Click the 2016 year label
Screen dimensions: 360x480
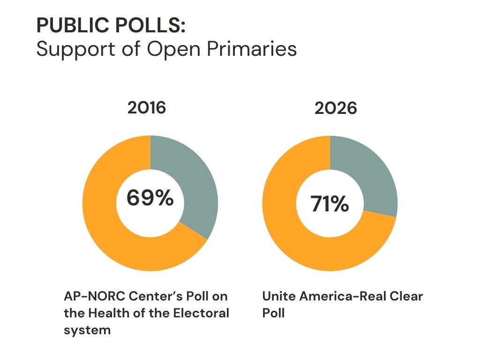147,108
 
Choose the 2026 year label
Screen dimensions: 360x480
336,109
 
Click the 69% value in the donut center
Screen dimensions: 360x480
150,197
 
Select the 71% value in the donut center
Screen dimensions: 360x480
330,204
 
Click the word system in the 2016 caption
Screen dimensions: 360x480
87,330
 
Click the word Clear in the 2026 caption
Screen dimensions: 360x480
406,297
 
